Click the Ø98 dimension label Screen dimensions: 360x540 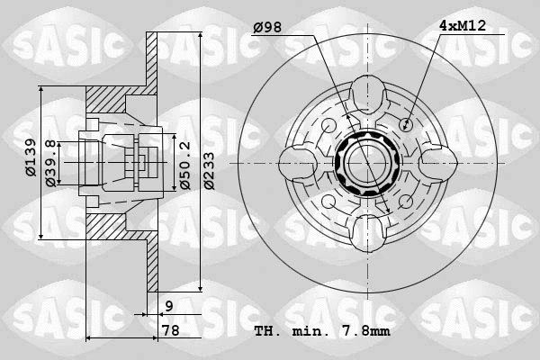click(267, 28)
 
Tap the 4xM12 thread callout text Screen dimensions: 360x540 click(463, 26)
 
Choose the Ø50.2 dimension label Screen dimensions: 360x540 click(184, 165)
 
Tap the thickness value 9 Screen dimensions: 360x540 click(169, 307)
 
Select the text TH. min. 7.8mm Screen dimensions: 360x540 click(322, 331)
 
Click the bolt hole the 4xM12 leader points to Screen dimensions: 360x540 click(406, 123)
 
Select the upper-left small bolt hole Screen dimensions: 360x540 click(326, 123)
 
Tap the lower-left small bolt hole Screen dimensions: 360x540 click(326, 202)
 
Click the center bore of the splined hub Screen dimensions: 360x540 click(365, 163)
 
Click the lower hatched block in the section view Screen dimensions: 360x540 click(112, 220)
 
